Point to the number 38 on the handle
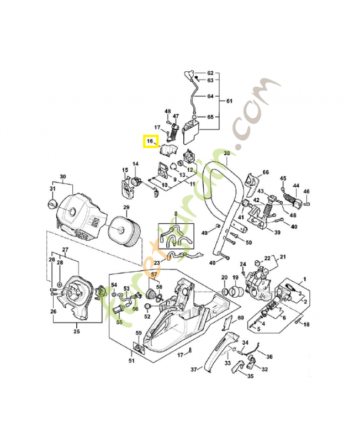226,153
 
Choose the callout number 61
229,101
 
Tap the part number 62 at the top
210,73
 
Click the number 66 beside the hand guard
266,172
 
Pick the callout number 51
131,361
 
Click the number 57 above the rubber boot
155,275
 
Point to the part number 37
194,369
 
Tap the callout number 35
250,376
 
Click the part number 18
307,324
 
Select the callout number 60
241,318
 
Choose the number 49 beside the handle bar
204,233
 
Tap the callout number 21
283,257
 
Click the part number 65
210,117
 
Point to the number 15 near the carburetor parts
125,170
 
